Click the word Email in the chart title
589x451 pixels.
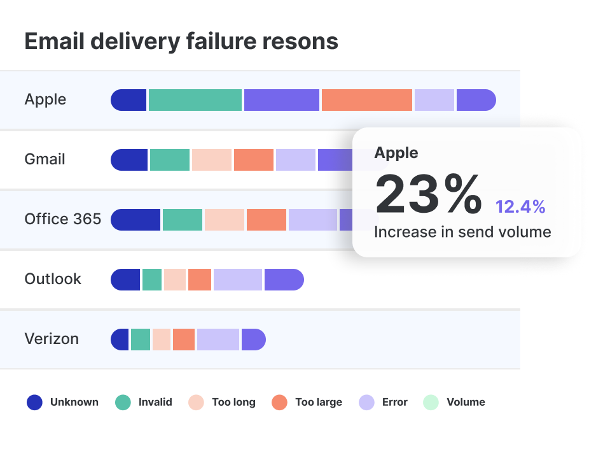pyautogui.click(x=57, y=41)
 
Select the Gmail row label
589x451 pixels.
pyautogui.click(x=45, y=159)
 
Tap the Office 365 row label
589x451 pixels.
pyautogui.click(x=62, y=219)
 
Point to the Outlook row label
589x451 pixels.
pyautogui.click(x=53, y=279)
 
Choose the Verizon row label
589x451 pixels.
pyautogui.click(x=52, y=339)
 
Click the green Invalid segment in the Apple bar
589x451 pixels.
pyautogui.click(x=195, y=100)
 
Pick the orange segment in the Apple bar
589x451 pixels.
pyautogui.click(x=366, y=100)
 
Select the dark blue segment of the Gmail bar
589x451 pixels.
pyautogui.click(x=130, y=160)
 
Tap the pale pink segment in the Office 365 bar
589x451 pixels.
pyautogui.click(x=224, y=220)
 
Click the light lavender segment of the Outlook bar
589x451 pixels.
pyautogui.click(x=237, y=280)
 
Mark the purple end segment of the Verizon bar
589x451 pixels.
pyautogui.click(x=253, y=340)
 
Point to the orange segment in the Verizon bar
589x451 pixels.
pyautogui.click(x=183, y=340)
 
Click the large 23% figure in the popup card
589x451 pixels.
pyautogui.click(x=427, y=194)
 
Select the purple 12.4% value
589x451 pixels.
pyautogui.click(x=520, y=206)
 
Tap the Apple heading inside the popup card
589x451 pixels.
pyautogui.click(x=396, y=153)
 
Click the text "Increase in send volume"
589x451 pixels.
pyautogui.click(x=462, y=232)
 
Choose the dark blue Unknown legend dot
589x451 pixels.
pyautogui.click(x=34, y=402)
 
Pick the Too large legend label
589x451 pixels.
pyautogui.click(x=318, y=402)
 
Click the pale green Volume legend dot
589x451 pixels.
pyautogui.click(x=431, y=402)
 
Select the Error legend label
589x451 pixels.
pyautogui.click(x=394, y=402)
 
